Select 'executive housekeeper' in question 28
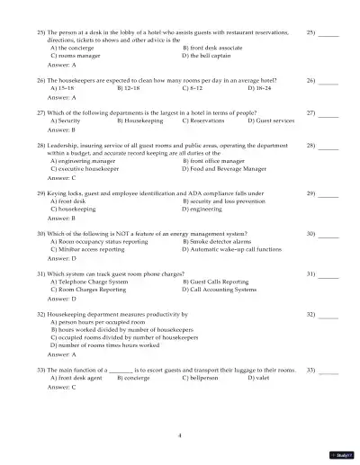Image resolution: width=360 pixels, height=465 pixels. click(83, 167)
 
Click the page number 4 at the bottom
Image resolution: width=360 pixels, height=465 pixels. click(180, 434)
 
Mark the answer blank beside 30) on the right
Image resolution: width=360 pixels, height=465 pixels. click(328, 234)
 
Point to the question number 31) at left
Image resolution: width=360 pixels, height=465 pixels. click(41, 273)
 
